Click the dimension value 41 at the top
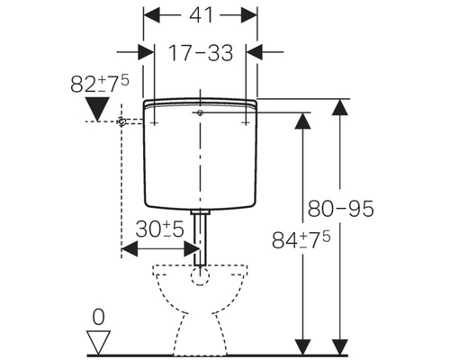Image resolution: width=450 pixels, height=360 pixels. click(200, 16)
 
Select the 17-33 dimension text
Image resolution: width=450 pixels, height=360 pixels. click(200, 52)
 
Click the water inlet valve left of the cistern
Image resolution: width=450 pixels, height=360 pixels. click(122, 121)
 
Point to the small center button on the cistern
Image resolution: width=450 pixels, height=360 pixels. click(198, 113)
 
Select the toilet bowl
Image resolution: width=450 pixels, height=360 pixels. click(200, 301)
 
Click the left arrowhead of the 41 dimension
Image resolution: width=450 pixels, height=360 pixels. click(149, 16)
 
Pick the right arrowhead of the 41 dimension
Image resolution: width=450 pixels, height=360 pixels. click(252, 16)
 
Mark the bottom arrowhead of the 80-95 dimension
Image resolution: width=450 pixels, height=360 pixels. click(339, 346)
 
